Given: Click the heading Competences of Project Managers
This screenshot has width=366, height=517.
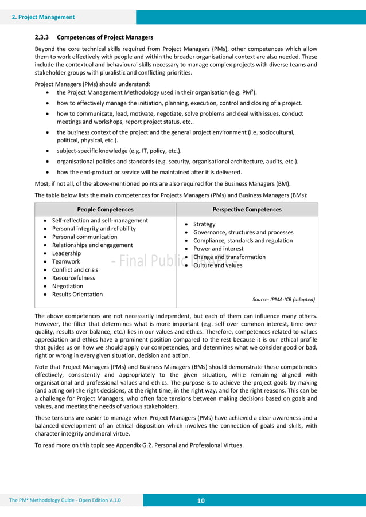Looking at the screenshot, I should tap(105, 38).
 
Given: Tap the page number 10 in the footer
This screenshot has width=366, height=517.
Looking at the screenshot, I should tap(201, 501).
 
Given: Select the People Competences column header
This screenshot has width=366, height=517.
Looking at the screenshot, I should tap(105, 210).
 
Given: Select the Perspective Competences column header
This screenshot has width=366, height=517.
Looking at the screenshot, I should tap(247, 210).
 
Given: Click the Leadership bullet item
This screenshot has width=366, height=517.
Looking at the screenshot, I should tap(67, 253).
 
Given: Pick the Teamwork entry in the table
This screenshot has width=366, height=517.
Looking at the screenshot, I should tap(66, 261).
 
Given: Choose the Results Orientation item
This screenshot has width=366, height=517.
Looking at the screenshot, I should tap(77, 295).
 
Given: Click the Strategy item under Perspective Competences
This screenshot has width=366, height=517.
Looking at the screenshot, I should tap(204, 224).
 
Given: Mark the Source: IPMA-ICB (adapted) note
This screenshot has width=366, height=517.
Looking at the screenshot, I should tap(283, 299).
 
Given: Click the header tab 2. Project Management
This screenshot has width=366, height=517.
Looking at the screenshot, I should tap(44, 17).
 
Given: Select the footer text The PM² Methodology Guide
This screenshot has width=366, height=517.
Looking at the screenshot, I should tap(65, 501).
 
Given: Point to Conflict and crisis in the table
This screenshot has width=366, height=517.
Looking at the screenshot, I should tap(75, 270).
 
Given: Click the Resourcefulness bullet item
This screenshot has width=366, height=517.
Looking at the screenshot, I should tap(73, 278).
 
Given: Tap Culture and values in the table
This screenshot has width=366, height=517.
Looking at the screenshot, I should tap(218, 265).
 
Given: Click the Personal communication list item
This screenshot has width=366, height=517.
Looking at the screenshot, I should tap(84, 237).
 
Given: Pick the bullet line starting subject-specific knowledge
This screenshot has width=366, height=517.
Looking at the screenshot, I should tap(119, 151).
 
